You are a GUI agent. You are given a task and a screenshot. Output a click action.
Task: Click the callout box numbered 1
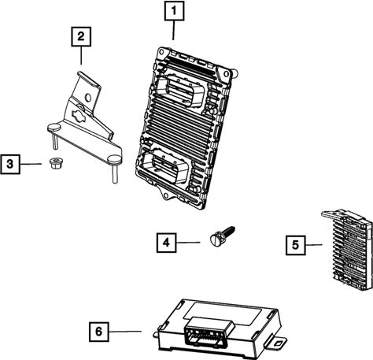[174, 11]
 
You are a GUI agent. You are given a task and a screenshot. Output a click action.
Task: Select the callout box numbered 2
[81, 36]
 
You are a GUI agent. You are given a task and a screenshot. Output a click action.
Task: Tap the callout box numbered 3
[10, 164]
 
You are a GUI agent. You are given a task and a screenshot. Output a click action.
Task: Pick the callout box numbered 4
[166, 243]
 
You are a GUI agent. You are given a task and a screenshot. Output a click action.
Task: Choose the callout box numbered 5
[296, 245]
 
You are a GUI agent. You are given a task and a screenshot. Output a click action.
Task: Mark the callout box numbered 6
[99, 332]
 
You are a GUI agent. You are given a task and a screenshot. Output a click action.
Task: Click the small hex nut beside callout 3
[56, 163]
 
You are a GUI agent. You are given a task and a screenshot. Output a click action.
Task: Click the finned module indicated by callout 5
[349, 250]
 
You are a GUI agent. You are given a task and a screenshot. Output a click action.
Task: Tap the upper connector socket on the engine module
[180, 90]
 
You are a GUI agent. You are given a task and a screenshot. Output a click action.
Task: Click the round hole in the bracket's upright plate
[88, 98]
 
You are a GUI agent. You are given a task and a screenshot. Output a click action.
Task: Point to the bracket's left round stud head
[54, 128]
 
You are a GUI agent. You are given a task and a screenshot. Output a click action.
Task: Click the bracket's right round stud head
[115, 159]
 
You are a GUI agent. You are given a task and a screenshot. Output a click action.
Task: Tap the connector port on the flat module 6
[209, 331]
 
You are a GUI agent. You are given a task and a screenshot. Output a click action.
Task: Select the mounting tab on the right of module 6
[277, 343]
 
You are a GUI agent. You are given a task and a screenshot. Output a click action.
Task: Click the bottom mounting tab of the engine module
[166, 195]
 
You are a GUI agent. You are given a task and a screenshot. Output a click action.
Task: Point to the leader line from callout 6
[125, 332]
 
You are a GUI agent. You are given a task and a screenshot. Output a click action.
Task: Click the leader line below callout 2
[81, 55]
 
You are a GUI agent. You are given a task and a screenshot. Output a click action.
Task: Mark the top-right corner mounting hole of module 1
[226, 74]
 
